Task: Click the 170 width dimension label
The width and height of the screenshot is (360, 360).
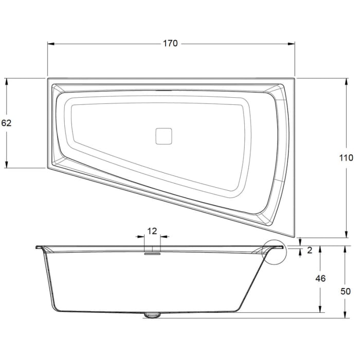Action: pos(170,43)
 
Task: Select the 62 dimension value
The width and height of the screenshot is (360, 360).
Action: pos(6,123)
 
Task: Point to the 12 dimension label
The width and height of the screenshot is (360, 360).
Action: pos(152,231)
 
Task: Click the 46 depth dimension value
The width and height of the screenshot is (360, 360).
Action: pos(320,279)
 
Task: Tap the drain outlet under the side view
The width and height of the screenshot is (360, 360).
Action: pos(152,315)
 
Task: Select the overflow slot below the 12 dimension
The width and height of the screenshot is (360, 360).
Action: pos(152,252)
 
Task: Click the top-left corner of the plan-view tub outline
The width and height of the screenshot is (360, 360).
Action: pos(48,79)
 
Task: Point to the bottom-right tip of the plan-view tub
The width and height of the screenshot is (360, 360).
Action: pos(294,237)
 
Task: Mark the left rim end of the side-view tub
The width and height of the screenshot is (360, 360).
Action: pos(37,247)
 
